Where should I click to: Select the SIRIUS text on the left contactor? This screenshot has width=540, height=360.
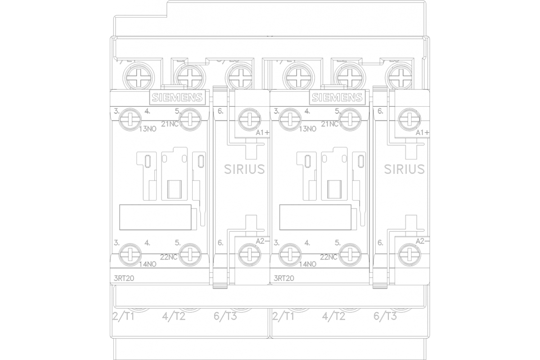click(244, 169)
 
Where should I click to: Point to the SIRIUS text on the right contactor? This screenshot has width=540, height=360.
click(404, 169)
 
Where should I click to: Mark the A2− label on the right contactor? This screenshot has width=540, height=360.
click(422, 241)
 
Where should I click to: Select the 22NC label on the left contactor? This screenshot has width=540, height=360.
click(169, 257)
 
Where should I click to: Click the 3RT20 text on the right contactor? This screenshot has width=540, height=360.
click(283, 278)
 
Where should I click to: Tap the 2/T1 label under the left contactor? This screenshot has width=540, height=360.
click(124, 316)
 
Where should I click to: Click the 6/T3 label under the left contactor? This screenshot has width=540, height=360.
click(225, 316)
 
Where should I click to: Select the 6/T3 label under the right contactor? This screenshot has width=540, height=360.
click(385, 316)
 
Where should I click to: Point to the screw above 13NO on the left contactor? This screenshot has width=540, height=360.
click(130, 119)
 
